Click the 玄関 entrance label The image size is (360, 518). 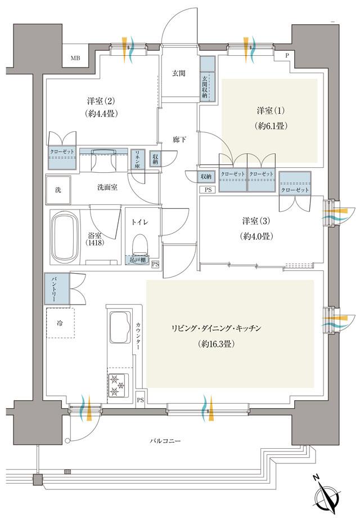click(178, 73)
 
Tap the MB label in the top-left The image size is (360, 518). click(75, 58)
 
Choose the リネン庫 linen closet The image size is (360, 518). click(136, 159)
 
